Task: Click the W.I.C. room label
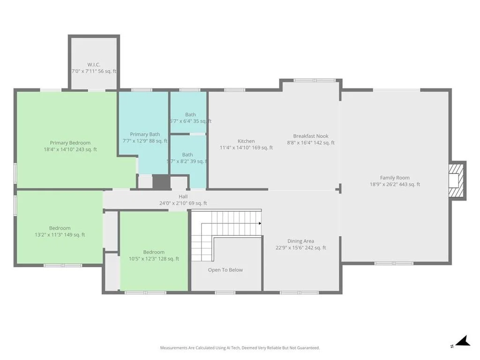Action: tap(94, 65)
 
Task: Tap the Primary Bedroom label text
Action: tap(70, 142)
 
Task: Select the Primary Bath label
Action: tap(145, 134)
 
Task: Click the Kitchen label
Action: tap(246, 141)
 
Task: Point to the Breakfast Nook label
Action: tap(311, 136)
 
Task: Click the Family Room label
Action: tap(395, 178)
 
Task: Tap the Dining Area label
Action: tap(300, 241)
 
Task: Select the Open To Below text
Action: tap(225, 270)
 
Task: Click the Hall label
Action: tap(183, 196)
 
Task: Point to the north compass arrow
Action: tap(463, 341)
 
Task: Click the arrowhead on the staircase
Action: tap(260, 223)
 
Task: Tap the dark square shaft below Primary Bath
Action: tap(161, 182)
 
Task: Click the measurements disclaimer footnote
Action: tap(240, 348)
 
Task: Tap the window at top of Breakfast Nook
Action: tap(315, 81)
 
